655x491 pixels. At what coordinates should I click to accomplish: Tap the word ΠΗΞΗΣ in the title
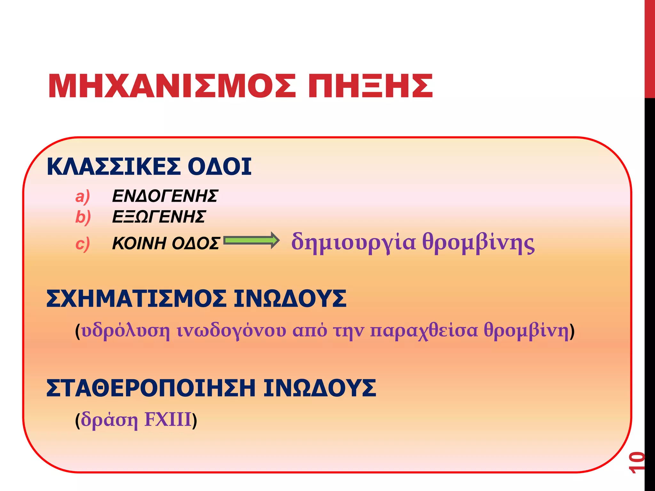coord(370,86)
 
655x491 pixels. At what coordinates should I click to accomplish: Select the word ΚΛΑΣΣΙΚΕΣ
coord(114,167)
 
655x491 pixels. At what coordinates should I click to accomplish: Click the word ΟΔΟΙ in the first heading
coord(219,167)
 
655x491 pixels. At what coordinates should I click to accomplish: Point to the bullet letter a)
coord(83,196)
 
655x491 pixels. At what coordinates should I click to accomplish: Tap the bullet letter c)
coord(83,244)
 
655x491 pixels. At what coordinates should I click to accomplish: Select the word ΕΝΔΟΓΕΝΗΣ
coord(165,196)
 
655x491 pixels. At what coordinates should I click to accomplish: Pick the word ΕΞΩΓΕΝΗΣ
coord(159,217)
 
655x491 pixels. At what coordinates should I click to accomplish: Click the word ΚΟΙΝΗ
coord(139,244)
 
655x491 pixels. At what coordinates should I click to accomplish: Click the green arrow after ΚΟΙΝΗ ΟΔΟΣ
coord(251,240)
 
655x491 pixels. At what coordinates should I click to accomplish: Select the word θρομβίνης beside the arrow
coord(478,243)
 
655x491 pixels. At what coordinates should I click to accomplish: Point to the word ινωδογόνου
coord(232,331)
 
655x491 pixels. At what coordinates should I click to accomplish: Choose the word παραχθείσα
coord(424,331)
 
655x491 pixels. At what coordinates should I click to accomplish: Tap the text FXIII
coord(168,419)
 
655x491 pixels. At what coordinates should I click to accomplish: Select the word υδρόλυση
coord(126,331)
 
